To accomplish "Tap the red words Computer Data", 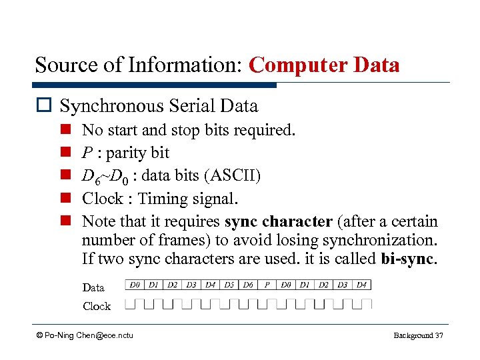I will (324, 65).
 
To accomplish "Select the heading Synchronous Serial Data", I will (159, 106).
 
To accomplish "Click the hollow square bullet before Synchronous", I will (45, 106).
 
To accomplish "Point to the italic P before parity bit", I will (87, 153).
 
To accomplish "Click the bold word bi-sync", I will (408, 258).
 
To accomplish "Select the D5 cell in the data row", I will (229, 285).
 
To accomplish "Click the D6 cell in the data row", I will (248, 285).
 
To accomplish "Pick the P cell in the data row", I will (267, 285).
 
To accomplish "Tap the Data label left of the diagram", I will (93, 287).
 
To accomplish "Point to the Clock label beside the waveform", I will (97, 306).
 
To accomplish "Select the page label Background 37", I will (418, 335).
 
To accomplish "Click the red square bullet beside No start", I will (67, 130).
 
